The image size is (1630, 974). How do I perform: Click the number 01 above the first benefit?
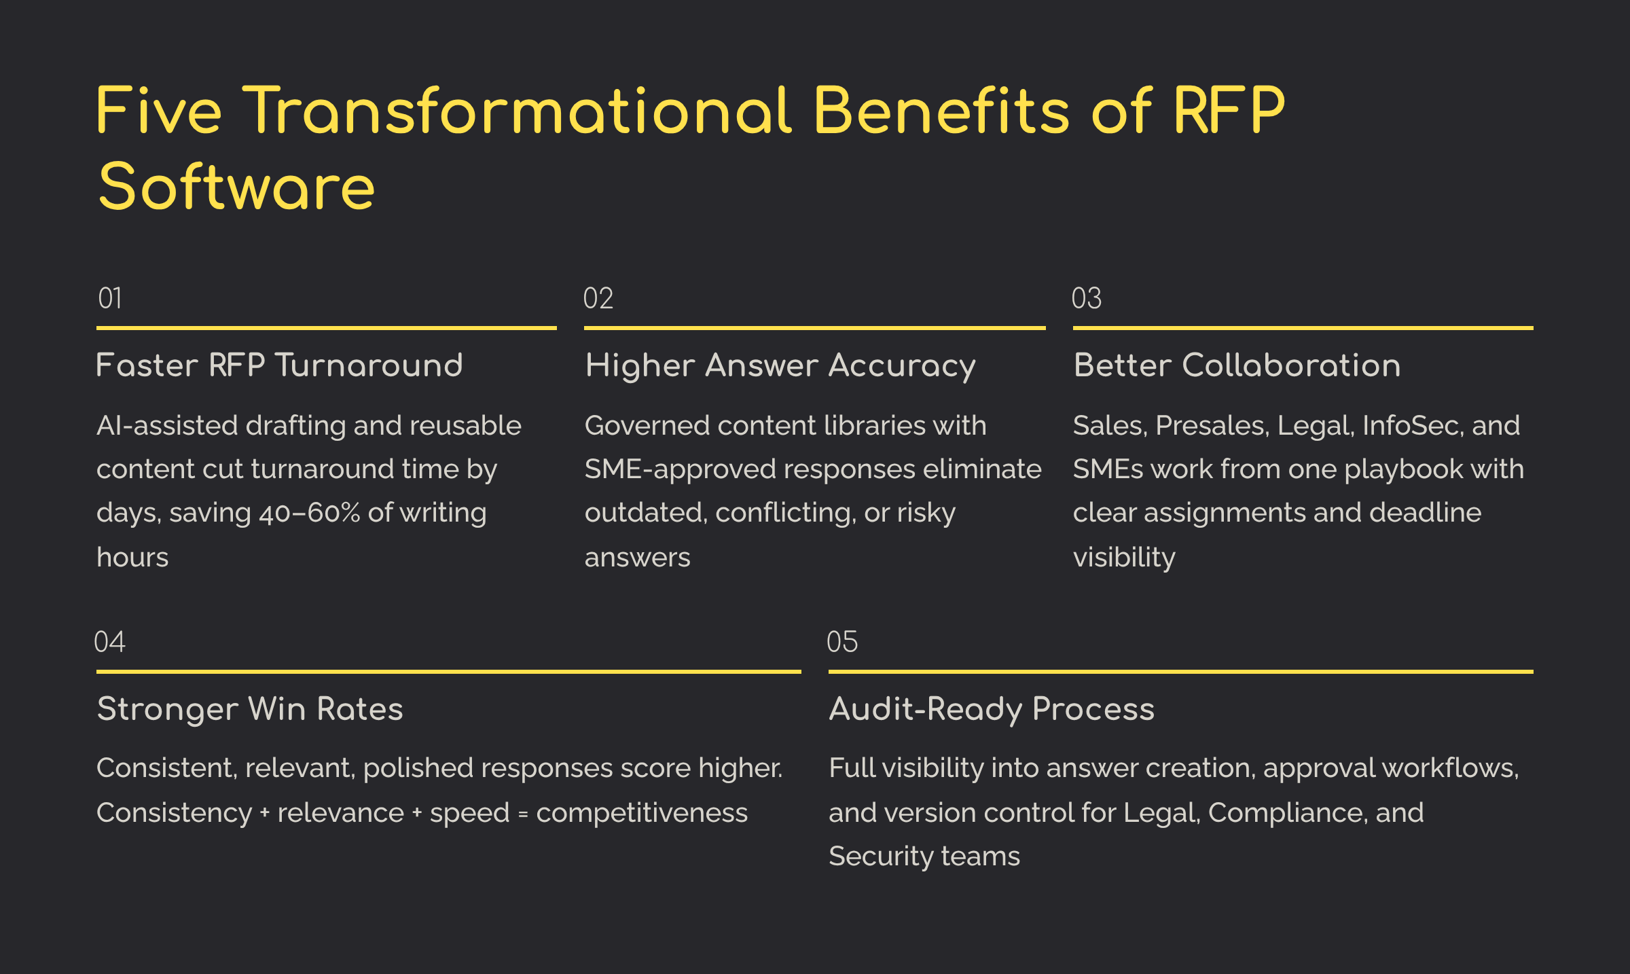[110, 299]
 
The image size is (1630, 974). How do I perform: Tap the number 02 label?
[598, 299]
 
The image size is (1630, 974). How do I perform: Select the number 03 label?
[1087, 299]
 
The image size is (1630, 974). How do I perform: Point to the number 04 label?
[109, 642]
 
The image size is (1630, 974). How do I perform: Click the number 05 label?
[842, 642]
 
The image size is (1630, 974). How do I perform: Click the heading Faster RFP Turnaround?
[279, 365]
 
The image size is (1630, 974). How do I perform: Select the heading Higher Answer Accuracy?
[780, 365]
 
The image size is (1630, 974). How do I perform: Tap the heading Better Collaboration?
[1237, 365]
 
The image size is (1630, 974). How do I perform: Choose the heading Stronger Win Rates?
[250, 709]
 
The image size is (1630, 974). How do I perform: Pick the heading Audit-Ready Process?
[992, 709]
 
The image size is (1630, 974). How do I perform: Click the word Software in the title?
[236, 187]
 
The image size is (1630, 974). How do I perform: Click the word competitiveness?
[642, 813]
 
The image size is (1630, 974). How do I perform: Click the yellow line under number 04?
[448, 672]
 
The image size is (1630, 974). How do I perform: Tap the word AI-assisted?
[167, 426]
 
